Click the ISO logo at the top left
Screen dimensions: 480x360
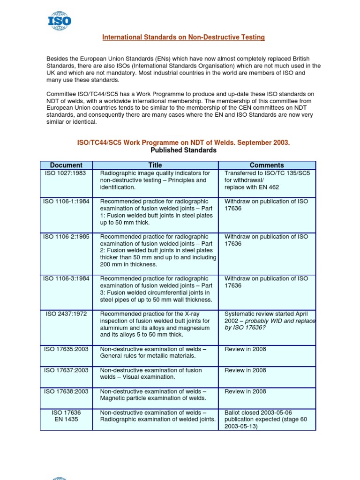click(60, 21)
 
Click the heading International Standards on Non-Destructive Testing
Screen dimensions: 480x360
click(183, 37)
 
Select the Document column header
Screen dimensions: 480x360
click(66, 165)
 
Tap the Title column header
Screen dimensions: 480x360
click(155, 165)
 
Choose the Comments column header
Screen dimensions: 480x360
click(267, 165)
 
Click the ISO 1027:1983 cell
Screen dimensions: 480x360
click(66, 173)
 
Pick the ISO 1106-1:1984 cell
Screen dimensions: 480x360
click(66, 201)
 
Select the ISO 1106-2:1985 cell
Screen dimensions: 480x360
click(66, 237)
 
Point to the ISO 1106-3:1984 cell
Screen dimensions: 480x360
click(66, 278)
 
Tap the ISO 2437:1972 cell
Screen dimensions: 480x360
click(66, 314)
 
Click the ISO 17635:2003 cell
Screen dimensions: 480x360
click(66, 349)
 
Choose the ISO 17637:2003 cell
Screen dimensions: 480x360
click(66, 370)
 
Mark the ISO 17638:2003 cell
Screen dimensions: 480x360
click(66, 391)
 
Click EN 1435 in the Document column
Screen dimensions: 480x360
click(66, 420)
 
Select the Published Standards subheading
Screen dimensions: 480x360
click(183, 150)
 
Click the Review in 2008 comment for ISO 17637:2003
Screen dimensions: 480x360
click(245, 370)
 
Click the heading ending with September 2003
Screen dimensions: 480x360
click(183, 142)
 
